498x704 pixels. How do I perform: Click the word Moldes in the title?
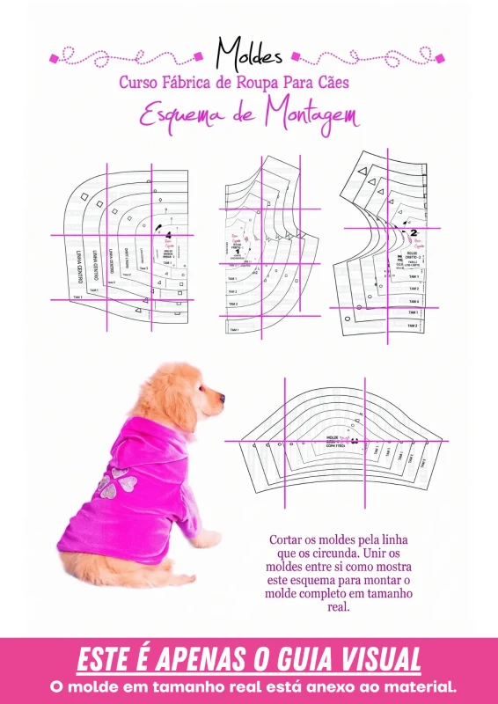click(x=249, y=54)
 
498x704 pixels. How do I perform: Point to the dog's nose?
click(x=223, y=398)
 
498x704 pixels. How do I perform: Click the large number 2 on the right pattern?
click(x=413, y=233)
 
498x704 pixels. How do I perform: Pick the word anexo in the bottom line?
click(x=330, y=686)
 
